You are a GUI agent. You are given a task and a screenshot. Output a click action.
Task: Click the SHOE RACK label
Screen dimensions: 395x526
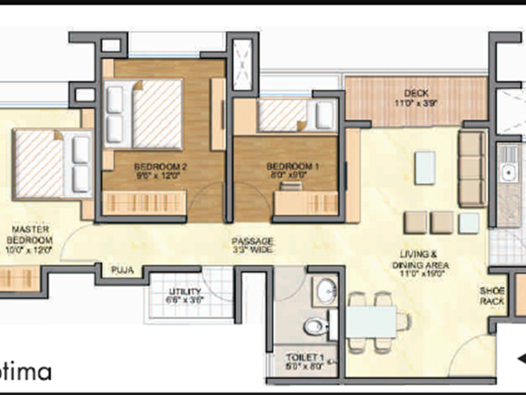[492, 296]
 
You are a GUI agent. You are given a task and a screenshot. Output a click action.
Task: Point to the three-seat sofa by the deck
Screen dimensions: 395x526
[471, 169]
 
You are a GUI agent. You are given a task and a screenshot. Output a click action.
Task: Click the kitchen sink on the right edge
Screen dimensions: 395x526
[508, 174]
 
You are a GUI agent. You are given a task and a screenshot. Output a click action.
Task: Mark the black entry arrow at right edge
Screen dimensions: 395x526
[520, 358]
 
